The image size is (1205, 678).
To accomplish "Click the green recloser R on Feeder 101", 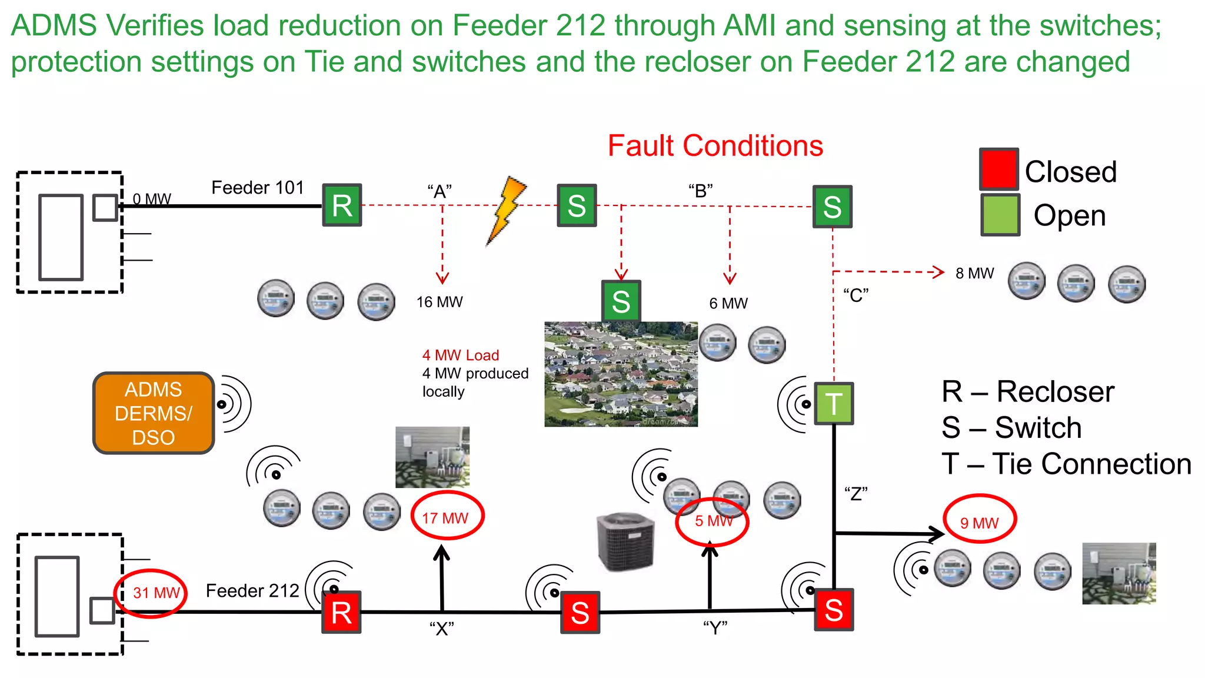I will coord(342,205).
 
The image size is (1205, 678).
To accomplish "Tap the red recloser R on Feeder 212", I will coord(341,612).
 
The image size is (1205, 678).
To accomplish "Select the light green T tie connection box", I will coord(834,404).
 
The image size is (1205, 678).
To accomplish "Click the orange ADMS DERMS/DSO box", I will coord(154,413).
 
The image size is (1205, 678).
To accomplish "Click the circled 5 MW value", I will coord(712,521).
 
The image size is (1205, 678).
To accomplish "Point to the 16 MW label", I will coord(440,302).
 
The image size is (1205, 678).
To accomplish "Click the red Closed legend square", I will coord(999,169).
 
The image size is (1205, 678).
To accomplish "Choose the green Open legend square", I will coord(1000,215).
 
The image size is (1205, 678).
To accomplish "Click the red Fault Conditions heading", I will coord(715,146).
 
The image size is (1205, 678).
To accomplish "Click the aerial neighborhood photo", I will coord(621,374).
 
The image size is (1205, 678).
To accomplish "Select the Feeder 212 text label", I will coord(252,590).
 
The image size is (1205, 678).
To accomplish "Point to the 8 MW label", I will coord(974,273).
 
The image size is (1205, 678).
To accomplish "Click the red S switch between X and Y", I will coord(580,613).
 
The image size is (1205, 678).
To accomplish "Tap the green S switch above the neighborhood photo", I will coord(621,301).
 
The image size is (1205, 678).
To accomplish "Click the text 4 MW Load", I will coord(461,355).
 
